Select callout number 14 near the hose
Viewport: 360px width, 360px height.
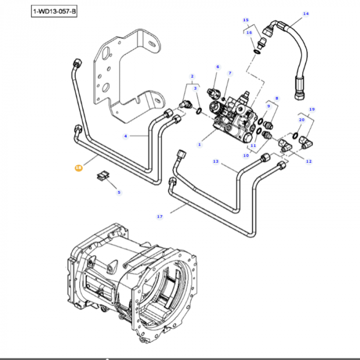306,13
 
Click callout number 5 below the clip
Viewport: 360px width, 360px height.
119,192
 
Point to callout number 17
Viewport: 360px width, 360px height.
160,217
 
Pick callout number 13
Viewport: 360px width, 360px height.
216,161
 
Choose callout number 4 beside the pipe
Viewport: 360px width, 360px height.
125,136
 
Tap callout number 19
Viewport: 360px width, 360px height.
312,109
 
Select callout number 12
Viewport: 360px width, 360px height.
309,161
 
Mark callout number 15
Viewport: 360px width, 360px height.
245,20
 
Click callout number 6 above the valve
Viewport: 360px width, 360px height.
218,67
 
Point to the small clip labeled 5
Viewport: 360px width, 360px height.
102,175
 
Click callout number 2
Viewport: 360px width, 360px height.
192,76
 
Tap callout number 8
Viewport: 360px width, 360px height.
277,98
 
